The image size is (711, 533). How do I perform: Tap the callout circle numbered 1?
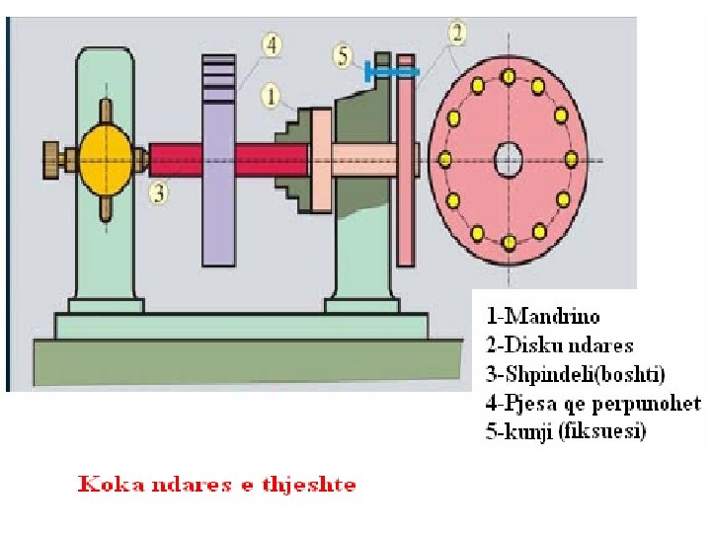[271, 95]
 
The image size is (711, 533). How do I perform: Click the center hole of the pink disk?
[508, 158]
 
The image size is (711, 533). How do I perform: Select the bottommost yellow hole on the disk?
[508, 241]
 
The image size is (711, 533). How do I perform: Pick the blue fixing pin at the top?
[391, 70]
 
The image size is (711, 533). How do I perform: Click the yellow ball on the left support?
[105, 158]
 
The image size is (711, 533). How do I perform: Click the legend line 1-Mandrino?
[543, 317]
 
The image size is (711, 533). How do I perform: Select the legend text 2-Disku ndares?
[559, 345]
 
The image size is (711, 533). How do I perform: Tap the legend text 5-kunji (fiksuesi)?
[566, 431]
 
